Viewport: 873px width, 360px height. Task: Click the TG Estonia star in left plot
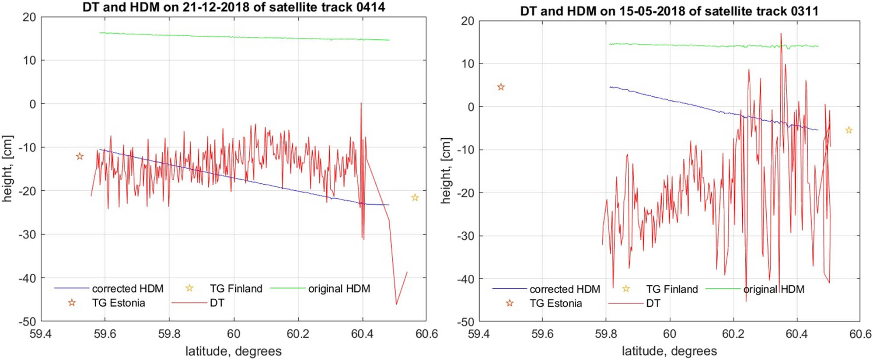80,156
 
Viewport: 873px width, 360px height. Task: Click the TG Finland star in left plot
415,198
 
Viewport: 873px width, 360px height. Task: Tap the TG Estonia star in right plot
501,87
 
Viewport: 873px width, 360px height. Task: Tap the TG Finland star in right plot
849,130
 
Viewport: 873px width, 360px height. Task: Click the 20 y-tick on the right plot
468,21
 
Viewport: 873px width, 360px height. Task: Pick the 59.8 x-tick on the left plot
169,334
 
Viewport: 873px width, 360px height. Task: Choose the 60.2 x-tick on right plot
733,334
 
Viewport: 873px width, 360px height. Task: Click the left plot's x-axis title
233,351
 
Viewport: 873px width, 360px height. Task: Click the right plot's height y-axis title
445,171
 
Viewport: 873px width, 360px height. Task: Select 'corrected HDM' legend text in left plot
127,289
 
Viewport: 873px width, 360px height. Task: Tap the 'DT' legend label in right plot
653,303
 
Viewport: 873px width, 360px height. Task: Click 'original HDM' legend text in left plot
339,289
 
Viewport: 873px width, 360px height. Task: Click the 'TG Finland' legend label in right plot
672,289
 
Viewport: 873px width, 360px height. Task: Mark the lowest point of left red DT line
396,304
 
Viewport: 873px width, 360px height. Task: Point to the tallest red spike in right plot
781,34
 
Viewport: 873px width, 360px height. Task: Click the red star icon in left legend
72,303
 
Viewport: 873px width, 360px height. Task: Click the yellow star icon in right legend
626,289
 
